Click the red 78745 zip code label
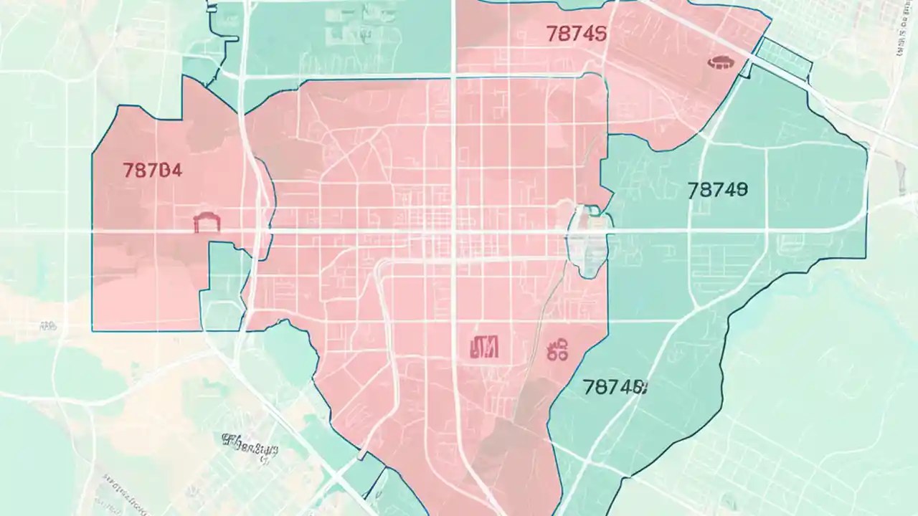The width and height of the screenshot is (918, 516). [576, 34]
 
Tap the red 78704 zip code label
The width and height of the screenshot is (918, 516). [152, 171]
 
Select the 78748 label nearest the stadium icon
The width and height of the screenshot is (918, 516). [717, 190]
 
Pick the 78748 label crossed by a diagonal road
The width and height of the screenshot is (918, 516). [615, 388]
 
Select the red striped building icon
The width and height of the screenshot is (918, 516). [484, 348]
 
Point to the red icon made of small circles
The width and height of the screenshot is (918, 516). [557, 350]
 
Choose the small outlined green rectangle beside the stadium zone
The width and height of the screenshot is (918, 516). [783, 57]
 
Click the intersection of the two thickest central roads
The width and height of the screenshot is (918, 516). [453, 231]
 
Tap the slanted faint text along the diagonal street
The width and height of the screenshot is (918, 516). [122, 488]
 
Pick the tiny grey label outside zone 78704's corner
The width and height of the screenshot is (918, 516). [49, 327]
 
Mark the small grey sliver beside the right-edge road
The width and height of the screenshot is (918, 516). [900, 173]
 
